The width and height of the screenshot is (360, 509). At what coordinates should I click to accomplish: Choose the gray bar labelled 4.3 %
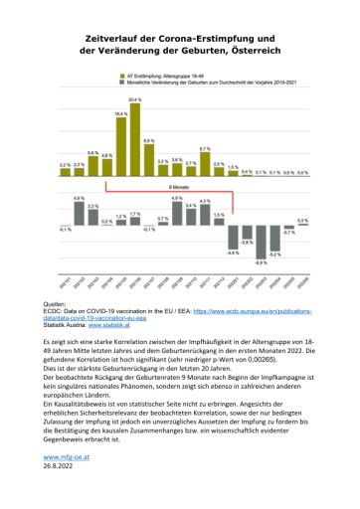[204, 216]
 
